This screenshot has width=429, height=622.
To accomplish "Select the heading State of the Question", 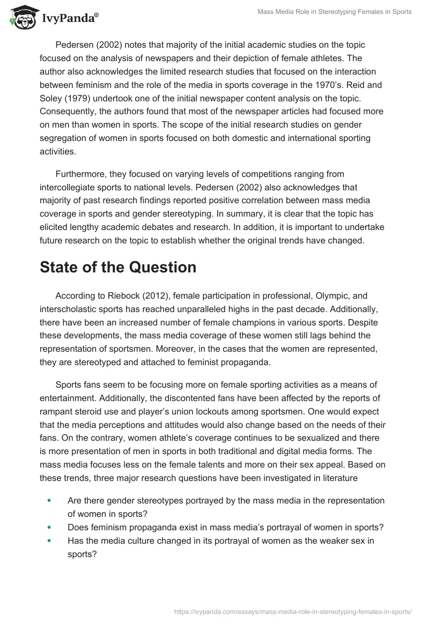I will click(x=118, y=267).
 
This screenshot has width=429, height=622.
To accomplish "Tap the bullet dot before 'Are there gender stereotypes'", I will click(x=49, y=500).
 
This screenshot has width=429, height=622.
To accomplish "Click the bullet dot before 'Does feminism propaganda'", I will click(x=49, y=528).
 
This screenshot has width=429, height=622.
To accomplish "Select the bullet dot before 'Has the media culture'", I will click(x=49, y=542).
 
